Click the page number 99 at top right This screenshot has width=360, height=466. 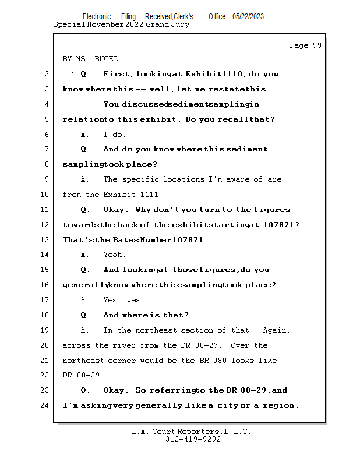(x=317, y=45)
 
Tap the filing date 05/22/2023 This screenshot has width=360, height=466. (x=248, y=17)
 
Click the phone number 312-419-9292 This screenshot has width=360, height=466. (x=193, y=439)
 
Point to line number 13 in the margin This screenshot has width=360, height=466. (x=45, y=239)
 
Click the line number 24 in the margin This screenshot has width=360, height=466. (x=45, y=405)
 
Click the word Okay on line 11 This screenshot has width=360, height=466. (x=114, y=210)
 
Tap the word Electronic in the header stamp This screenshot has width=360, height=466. (x=97, y=17)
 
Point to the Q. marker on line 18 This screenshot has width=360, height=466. (x=85, y=315)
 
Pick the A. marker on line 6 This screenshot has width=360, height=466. (x=84, y=135)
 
